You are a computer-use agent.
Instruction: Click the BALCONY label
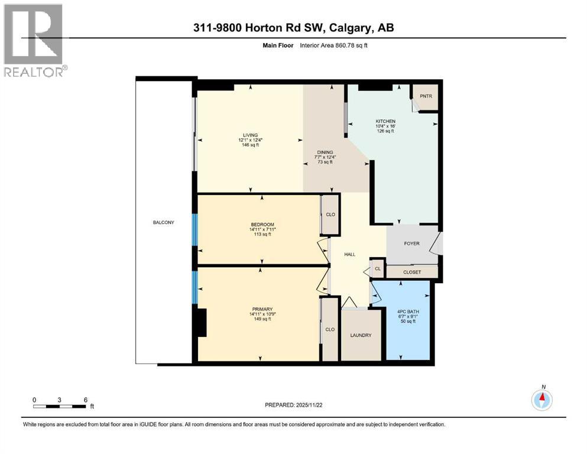163,222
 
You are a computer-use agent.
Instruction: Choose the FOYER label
411,242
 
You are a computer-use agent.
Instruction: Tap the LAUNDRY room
361,335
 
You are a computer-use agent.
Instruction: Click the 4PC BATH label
408,312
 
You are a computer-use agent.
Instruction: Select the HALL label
350,254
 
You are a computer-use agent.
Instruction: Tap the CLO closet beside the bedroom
330,214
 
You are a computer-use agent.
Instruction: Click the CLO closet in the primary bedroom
330,329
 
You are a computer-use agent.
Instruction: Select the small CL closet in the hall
377,268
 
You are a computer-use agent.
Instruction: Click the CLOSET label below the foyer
411,273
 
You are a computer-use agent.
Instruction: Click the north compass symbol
541,400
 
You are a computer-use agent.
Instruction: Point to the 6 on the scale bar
86,400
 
